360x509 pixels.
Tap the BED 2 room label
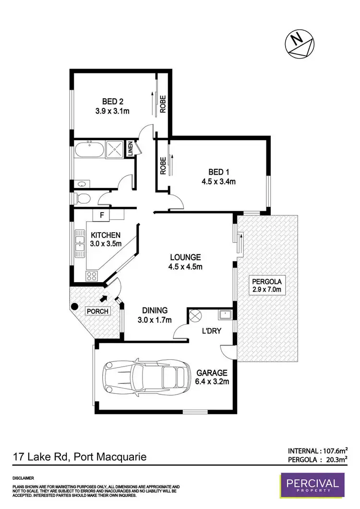(113, 101)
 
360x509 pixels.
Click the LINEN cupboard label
(129, 149)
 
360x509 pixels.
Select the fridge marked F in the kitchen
(102, 215)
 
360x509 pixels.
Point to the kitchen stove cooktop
(91, 275)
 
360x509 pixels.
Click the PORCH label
(98, 311)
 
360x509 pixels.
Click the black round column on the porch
(74, 306)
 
